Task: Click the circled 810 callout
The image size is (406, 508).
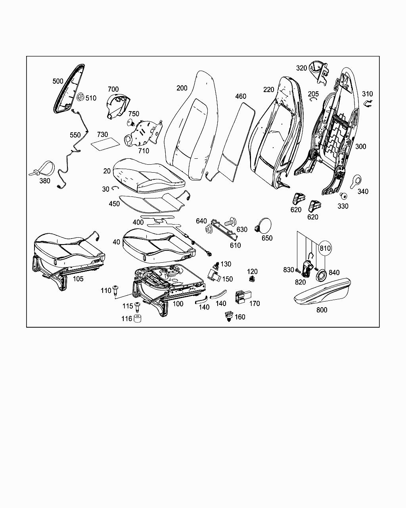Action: [x=325, y=248]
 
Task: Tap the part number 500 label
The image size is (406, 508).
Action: [x=58, y=81]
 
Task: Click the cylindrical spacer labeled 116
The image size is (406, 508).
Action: [x=138, y=319]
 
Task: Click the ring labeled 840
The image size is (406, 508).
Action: [x=321, y=274]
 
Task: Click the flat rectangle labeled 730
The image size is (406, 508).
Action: [x=105, y=143]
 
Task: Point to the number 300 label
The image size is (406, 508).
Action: [x=360, y=146]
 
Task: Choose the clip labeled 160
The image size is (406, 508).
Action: [x=228, y=316]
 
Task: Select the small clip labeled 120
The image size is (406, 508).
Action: [x=252, y=279]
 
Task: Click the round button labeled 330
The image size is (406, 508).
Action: [x=343, y=196]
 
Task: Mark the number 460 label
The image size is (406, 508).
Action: [x=241, y=96]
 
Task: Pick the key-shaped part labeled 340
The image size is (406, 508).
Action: [x=356, y=181]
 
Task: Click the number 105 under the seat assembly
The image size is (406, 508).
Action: [x=78, y=279]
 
